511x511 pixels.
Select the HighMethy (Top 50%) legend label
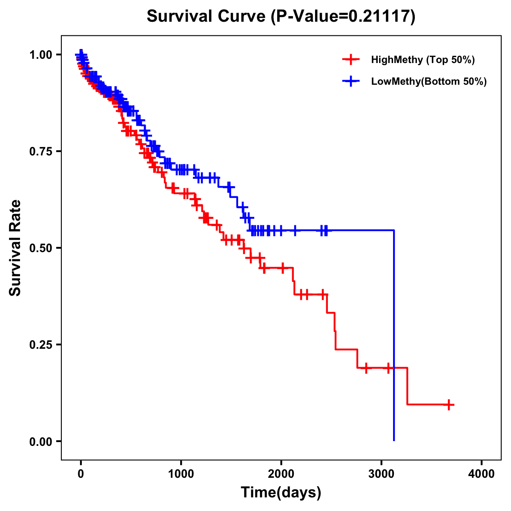[x=423, y=60]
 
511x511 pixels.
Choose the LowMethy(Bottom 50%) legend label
[x=429, y=81]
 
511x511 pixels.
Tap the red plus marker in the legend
[x=350, y=60]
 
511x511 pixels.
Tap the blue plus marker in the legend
[x=350, y=81]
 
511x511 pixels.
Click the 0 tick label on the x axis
[x=81, y=474]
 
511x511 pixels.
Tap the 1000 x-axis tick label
[x=181, y=474]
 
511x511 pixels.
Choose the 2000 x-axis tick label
[x=281, y=474]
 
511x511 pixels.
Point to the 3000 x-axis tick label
[x=382, y=474]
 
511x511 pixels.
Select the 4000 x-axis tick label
[x=482, y=474]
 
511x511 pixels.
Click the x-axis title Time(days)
[x=281, y=493]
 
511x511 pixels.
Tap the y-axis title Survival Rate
[x=15, y=248]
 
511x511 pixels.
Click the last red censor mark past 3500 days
[x=448, y=405]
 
